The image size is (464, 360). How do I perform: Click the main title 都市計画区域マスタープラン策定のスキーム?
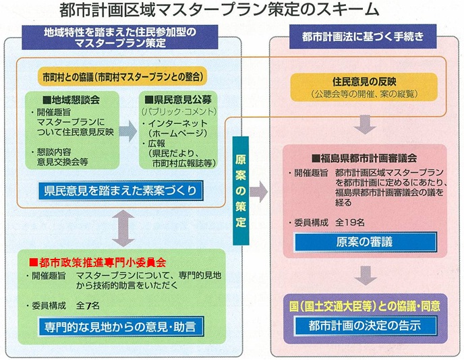click(233, 11)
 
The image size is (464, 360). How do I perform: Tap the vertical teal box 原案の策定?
click(241, 191)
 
